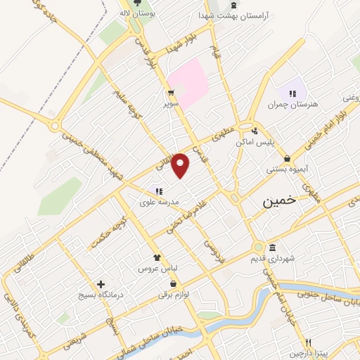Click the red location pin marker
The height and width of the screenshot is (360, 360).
pos(181,165)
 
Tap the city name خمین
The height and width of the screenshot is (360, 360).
pos(276,202)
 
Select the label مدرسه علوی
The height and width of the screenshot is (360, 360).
pos(160,202)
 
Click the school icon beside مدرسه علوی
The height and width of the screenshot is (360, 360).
pos(159,191)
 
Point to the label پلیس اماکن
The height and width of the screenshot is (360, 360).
pos(274,141)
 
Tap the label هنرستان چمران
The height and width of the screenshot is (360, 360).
pos(292,104)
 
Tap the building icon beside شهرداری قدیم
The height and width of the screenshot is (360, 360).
pos(273,247)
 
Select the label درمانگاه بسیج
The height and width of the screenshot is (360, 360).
pos(102,295)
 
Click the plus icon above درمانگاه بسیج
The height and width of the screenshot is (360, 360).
pos(102,283)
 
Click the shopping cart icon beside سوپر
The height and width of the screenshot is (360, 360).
pos(170,92)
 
